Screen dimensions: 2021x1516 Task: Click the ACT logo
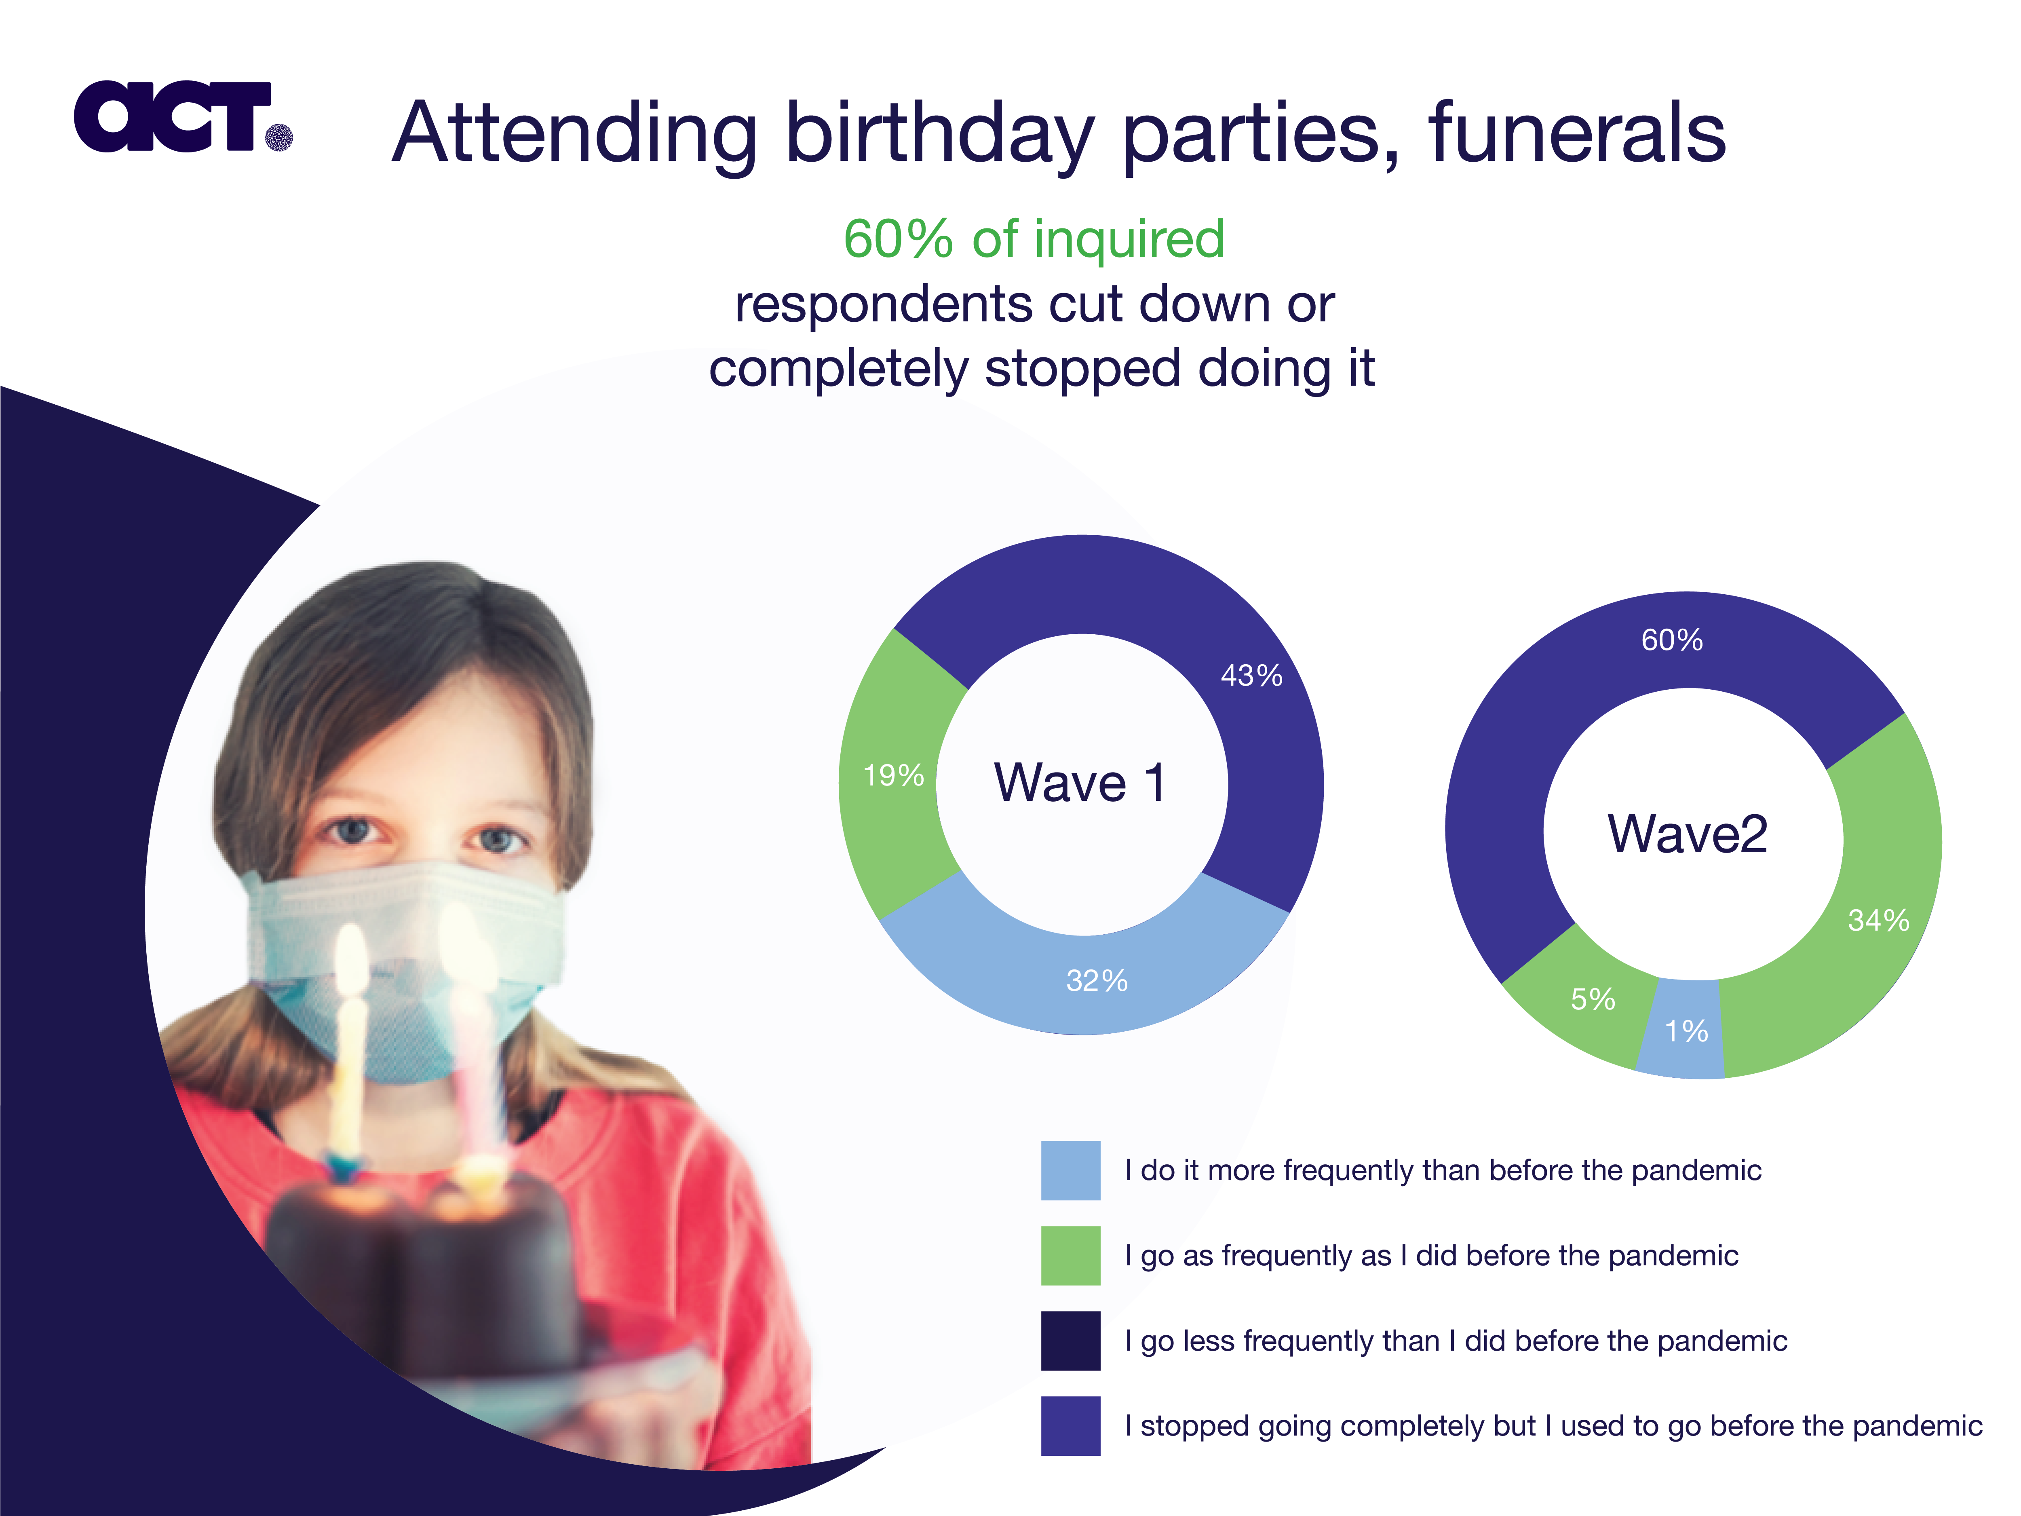(x=183, y=116)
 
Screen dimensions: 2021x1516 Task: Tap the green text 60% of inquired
(x=1034, y=239)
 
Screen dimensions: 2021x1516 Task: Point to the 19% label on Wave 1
(x=894, y=776)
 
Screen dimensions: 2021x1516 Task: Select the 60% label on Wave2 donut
(x=1672, y=640)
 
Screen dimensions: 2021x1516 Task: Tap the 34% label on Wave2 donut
(x=1878, y=920)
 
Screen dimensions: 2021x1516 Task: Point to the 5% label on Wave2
(x=1593, y=999)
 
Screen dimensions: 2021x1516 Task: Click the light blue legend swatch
(x=1071, y=1171)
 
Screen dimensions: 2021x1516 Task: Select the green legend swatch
(x=1071, y=1256)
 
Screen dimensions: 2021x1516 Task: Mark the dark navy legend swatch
(x=1071, y=1341)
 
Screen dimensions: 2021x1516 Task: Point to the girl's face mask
(x=402, y=969)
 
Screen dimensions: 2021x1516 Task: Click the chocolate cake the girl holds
(x=420, y=1270)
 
